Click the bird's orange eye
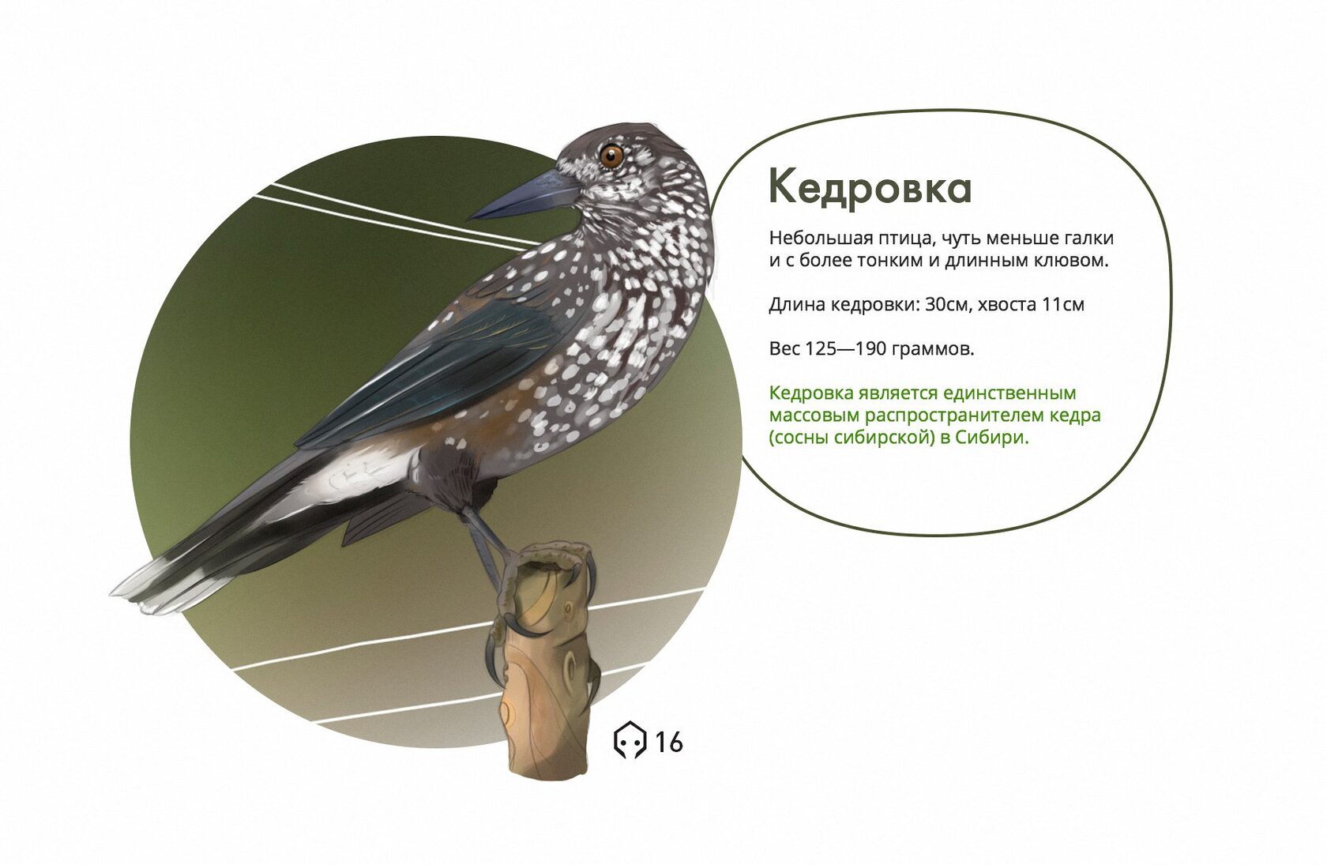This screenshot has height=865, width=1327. point(612,156)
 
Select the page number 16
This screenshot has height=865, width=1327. point(669,742)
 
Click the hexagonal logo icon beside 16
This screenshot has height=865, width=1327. point(629,740)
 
